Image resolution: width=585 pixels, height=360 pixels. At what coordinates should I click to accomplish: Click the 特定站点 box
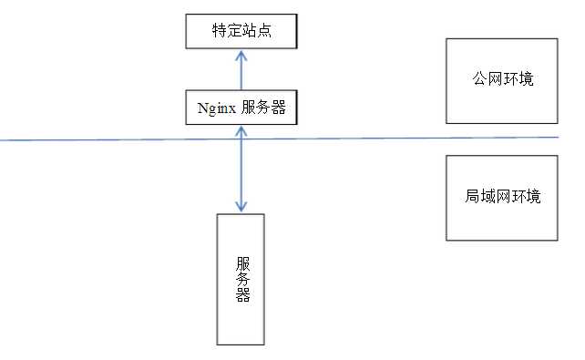point(241,32)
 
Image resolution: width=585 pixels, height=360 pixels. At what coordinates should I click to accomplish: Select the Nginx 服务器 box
point(241,108)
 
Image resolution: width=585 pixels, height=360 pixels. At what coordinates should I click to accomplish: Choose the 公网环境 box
point(501,81)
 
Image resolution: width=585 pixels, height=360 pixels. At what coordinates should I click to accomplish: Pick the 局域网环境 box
point(501,198)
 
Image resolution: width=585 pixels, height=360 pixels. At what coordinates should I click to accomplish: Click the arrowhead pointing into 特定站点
point(241,55)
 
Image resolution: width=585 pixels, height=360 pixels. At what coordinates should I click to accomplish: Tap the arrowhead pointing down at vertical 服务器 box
point(241,208)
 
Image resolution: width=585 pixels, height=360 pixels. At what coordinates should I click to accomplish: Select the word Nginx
point(217,108)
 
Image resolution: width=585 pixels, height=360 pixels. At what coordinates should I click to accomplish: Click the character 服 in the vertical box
point(241,260)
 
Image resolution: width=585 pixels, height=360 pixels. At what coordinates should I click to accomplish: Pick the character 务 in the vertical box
point(241,277)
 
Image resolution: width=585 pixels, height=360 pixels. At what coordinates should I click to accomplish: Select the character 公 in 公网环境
point(478,80)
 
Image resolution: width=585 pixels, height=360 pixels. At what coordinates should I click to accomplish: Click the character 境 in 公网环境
point(524,80)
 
